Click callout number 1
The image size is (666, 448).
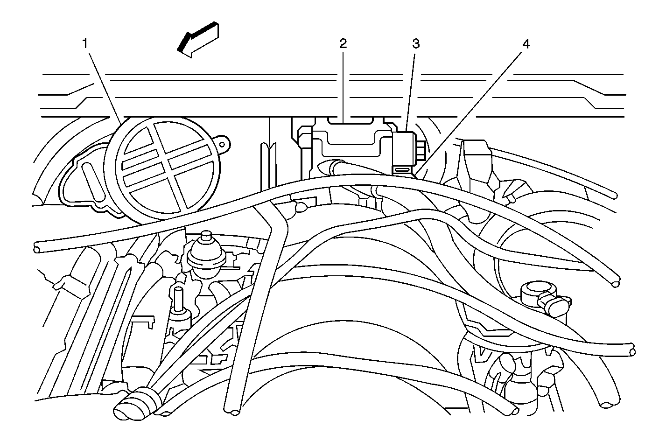pos(85,44)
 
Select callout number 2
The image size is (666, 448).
pos(343,44)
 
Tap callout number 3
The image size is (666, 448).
pos(415,44)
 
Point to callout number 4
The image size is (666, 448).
pos(526,44)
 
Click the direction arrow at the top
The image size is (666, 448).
pos(198,40)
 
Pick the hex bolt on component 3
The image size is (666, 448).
pos(421,150)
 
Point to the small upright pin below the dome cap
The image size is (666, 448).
pos(178,299)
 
